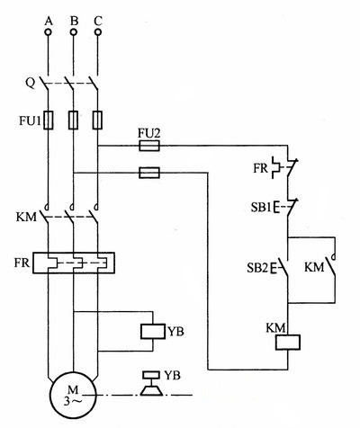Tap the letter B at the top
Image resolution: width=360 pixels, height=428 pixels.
coord(73,14)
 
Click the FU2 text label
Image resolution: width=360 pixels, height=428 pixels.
coord(149,132)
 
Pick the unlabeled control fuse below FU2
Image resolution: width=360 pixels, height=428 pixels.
coord(149,174)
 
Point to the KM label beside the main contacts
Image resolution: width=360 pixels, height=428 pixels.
coord(26,218)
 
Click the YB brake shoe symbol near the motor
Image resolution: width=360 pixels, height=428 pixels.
coord(150,385)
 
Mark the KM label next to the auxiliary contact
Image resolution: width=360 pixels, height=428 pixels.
coord(315,267)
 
